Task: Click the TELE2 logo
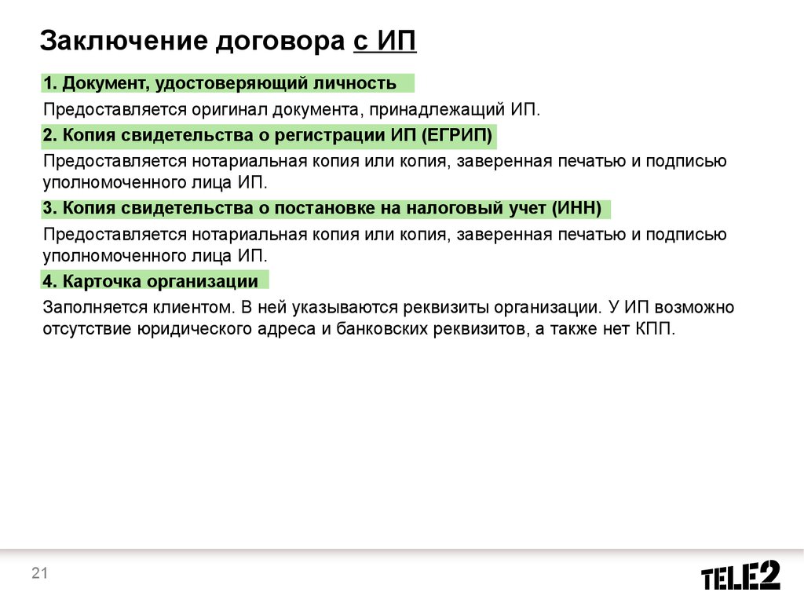tap(740, 576)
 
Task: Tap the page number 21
tap(39, 572)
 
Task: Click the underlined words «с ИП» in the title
tap(385, 41)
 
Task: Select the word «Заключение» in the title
tap(123, 41)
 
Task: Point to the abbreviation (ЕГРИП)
tap(457, 135)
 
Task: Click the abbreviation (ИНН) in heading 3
tap(576, 208)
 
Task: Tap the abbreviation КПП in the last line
tap(656, 328)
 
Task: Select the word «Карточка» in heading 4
tap(101, 282)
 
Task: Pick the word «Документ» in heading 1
tap(106, 83)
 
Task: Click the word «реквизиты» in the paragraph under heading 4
tap(446, 307)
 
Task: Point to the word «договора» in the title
tap(280, 41)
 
